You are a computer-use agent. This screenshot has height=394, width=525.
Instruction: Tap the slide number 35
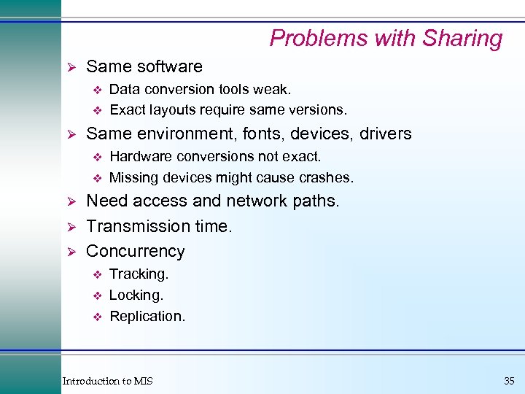click(x=508, y=381)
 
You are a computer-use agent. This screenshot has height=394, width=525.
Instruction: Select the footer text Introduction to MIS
click(x=108, y=381)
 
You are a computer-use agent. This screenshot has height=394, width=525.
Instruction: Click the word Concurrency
click(x=136, y=251)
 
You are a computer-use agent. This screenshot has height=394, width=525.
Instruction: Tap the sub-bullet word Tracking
click(x=139, y=274)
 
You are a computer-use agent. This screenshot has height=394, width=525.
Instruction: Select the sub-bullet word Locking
click(x=136, y=295)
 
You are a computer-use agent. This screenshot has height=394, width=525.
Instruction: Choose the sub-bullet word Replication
click(x=147, y=317)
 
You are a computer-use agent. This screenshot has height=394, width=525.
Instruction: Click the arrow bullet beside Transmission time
click(x=71, y=227)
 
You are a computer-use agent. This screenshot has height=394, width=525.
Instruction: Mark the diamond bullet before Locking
click(x=96, y=295)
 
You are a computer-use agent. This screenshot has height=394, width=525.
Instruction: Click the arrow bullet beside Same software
click(x=71, y=67)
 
